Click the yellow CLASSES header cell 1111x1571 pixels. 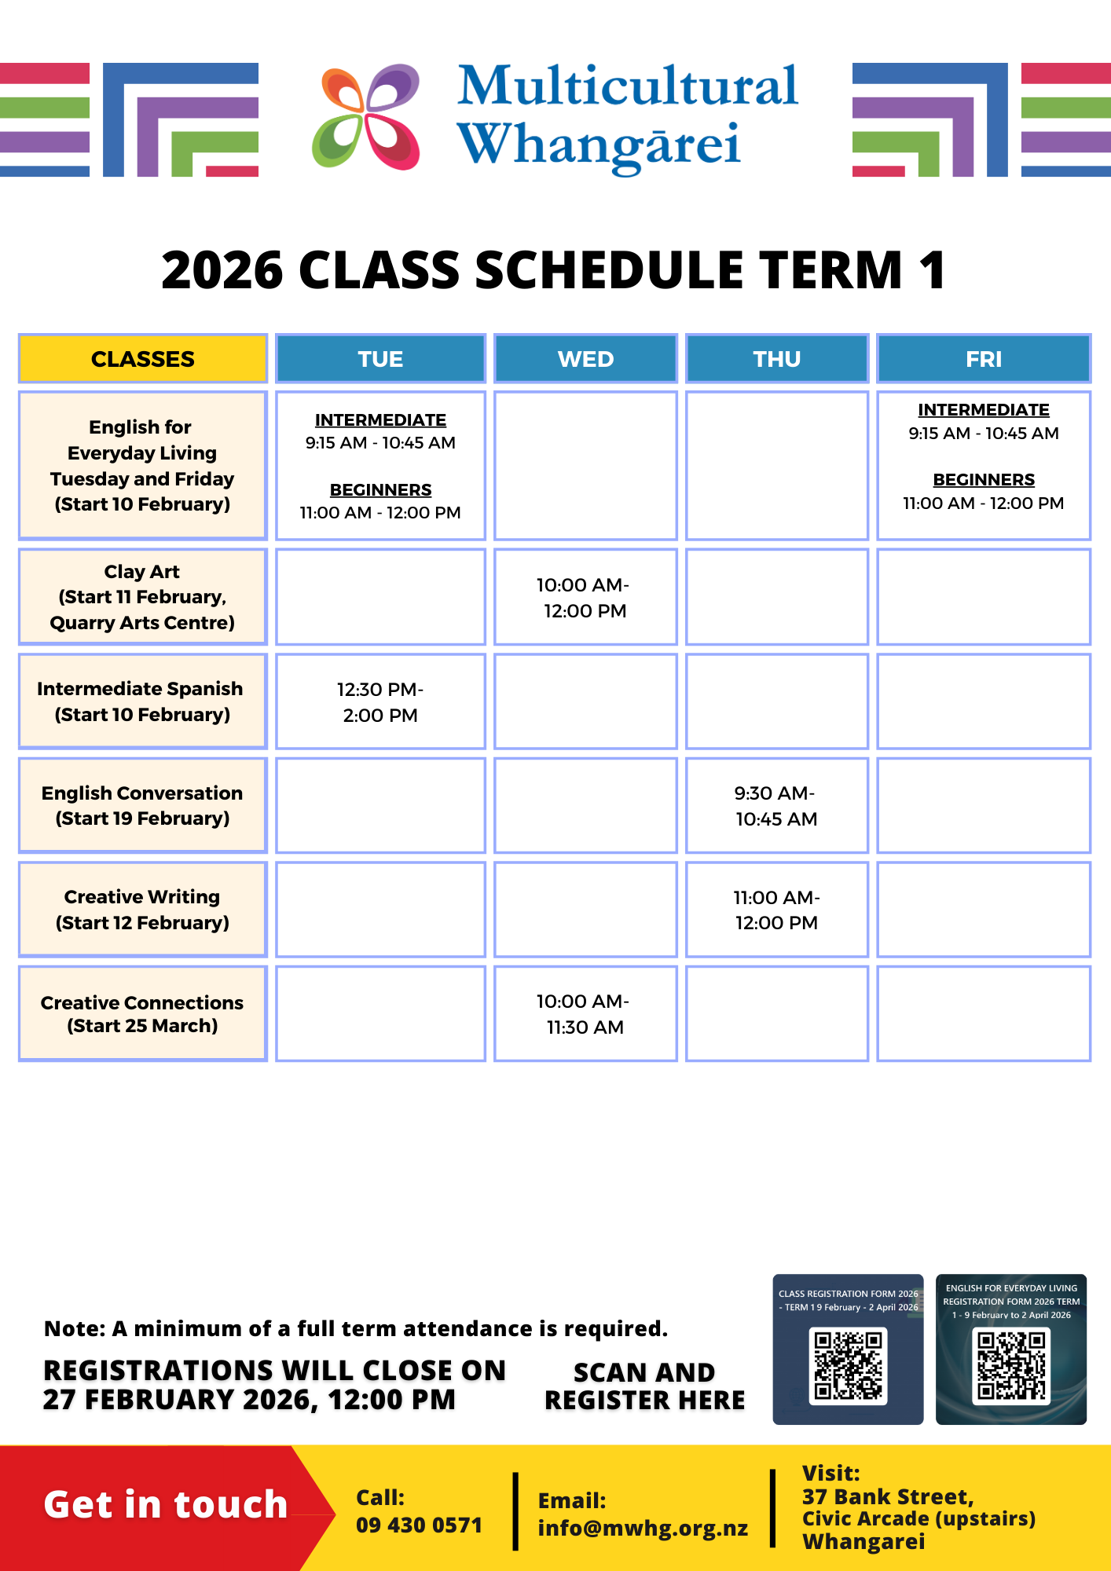point(143,359)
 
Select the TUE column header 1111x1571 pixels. point(380,359)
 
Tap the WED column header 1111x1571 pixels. point(585,359)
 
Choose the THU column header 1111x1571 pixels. point(777,359)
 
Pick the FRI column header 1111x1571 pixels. point(984,359)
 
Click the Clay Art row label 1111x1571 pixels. point(143,597)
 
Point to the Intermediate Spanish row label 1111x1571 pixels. point(143,701)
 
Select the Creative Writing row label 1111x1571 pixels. point(143,910)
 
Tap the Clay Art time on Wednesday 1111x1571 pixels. point(585,598)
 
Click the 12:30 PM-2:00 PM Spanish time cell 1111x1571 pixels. point(380,702)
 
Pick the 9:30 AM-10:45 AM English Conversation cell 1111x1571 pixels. point(777,806)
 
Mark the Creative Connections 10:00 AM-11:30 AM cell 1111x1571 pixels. point(585,1014)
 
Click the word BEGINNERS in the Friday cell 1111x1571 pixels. point(984,479)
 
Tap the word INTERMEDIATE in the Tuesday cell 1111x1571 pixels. point(380,420)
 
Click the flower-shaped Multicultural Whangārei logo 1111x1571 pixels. point(366,117)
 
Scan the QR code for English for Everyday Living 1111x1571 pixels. point(1011,1365)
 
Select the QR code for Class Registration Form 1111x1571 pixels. point(848,1366)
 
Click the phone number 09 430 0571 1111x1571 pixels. point(419,1525)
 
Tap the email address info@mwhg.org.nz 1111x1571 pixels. point(643,1529)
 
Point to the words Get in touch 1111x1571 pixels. point(166,1504)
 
